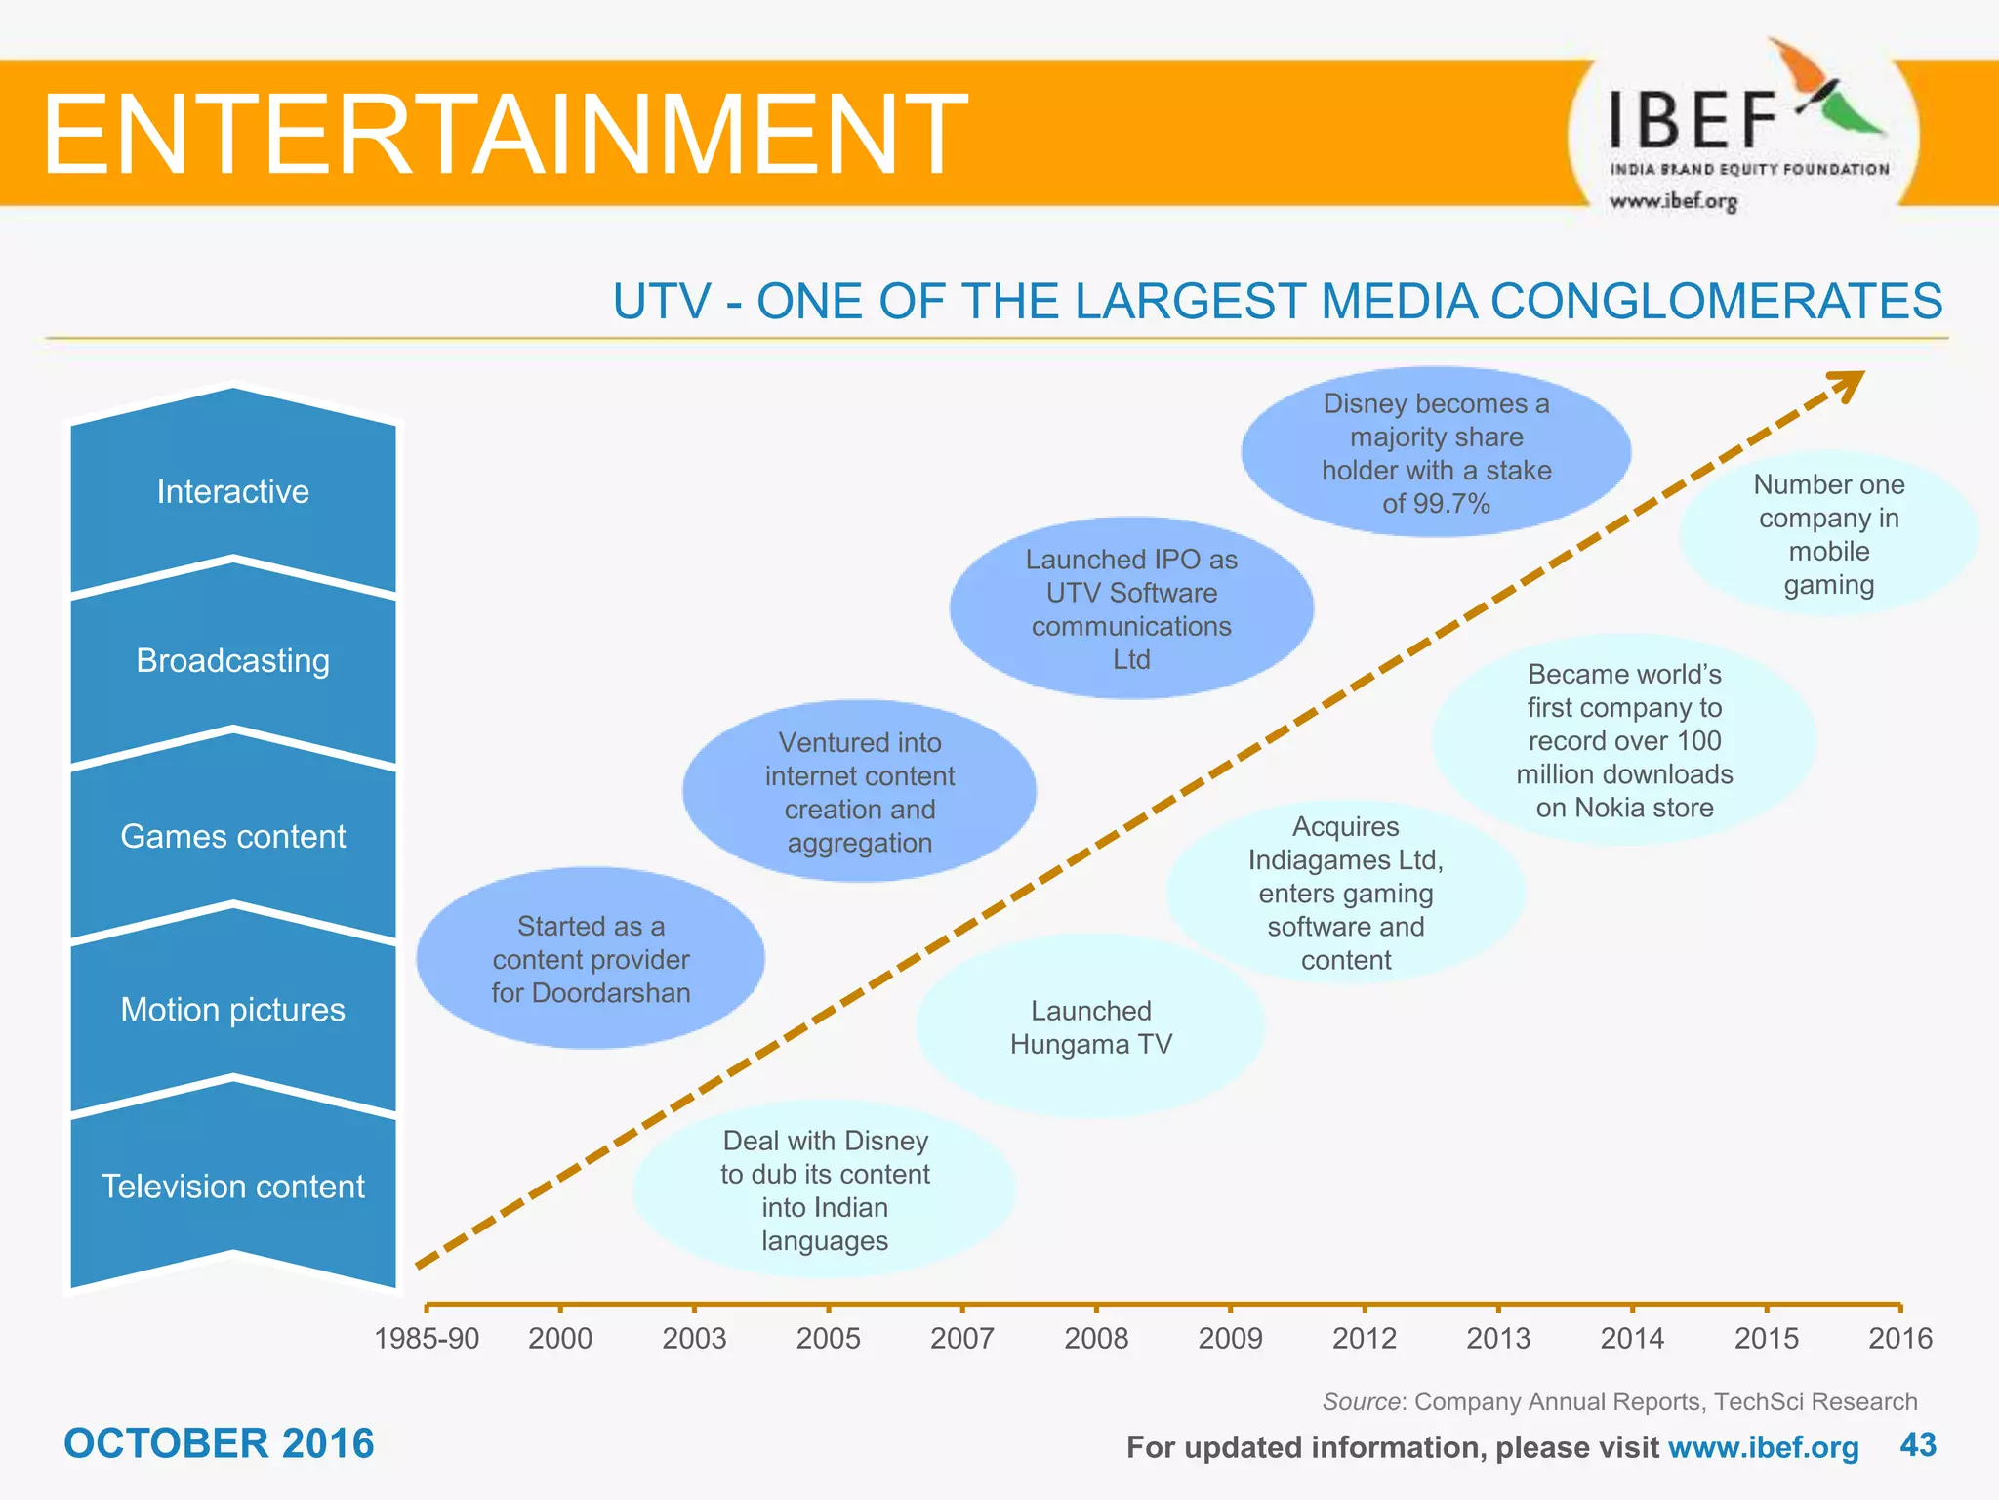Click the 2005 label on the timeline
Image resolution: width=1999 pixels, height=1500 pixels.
click(828, 1338)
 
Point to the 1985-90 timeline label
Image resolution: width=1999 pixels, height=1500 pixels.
click(427, 1338)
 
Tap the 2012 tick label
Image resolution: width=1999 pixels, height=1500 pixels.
click(1364, 1338)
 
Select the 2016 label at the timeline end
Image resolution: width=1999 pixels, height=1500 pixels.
click(1899, 1338)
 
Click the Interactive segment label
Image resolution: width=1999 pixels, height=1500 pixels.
click(233, 491)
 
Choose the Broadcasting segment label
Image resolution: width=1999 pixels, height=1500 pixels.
click(233, 661)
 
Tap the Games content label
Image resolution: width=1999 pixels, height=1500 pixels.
click(233, 837)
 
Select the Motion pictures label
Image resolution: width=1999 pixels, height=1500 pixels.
click(233, 1010)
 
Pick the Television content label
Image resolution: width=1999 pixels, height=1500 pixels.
click(233, 1187)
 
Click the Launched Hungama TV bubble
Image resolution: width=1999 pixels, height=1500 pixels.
click(1090, 1027)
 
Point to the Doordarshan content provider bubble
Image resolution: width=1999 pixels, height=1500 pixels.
click(591, 959)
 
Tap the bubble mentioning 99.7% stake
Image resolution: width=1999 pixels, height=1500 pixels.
click(1436, 453)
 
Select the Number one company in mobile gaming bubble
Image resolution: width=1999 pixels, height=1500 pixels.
click(1828, 534)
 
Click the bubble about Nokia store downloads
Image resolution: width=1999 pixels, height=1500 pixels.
click(1624, 740)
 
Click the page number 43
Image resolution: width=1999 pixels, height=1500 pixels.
click(1918, 1445)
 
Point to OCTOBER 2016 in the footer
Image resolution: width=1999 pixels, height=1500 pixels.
click(219, 1444)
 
